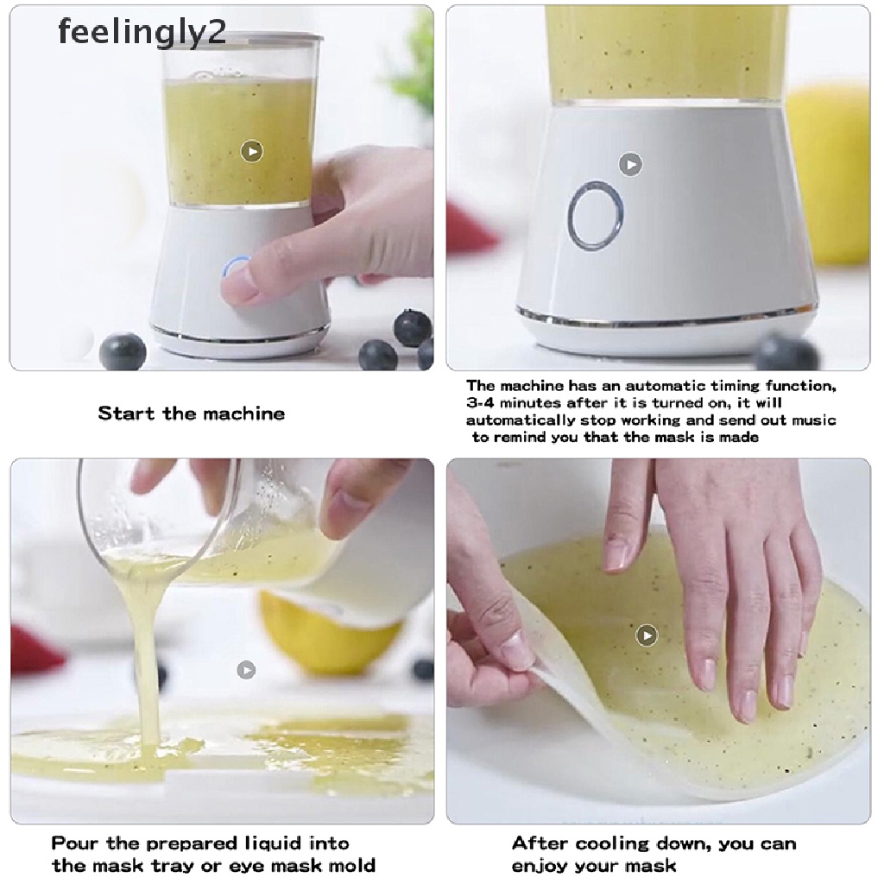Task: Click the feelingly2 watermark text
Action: [142, 32]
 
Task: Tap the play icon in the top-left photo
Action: [251, 152]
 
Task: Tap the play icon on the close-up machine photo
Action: [631, 164]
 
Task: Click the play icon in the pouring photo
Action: [246, 669]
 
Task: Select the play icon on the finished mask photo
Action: [647, 636]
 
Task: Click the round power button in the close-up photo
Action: [596, 216]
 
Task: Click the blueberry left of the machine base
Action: [123, 350]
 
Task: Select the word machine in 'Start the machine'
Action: [243, 414]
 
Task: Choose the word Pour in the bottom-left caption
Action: [73, 843]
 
